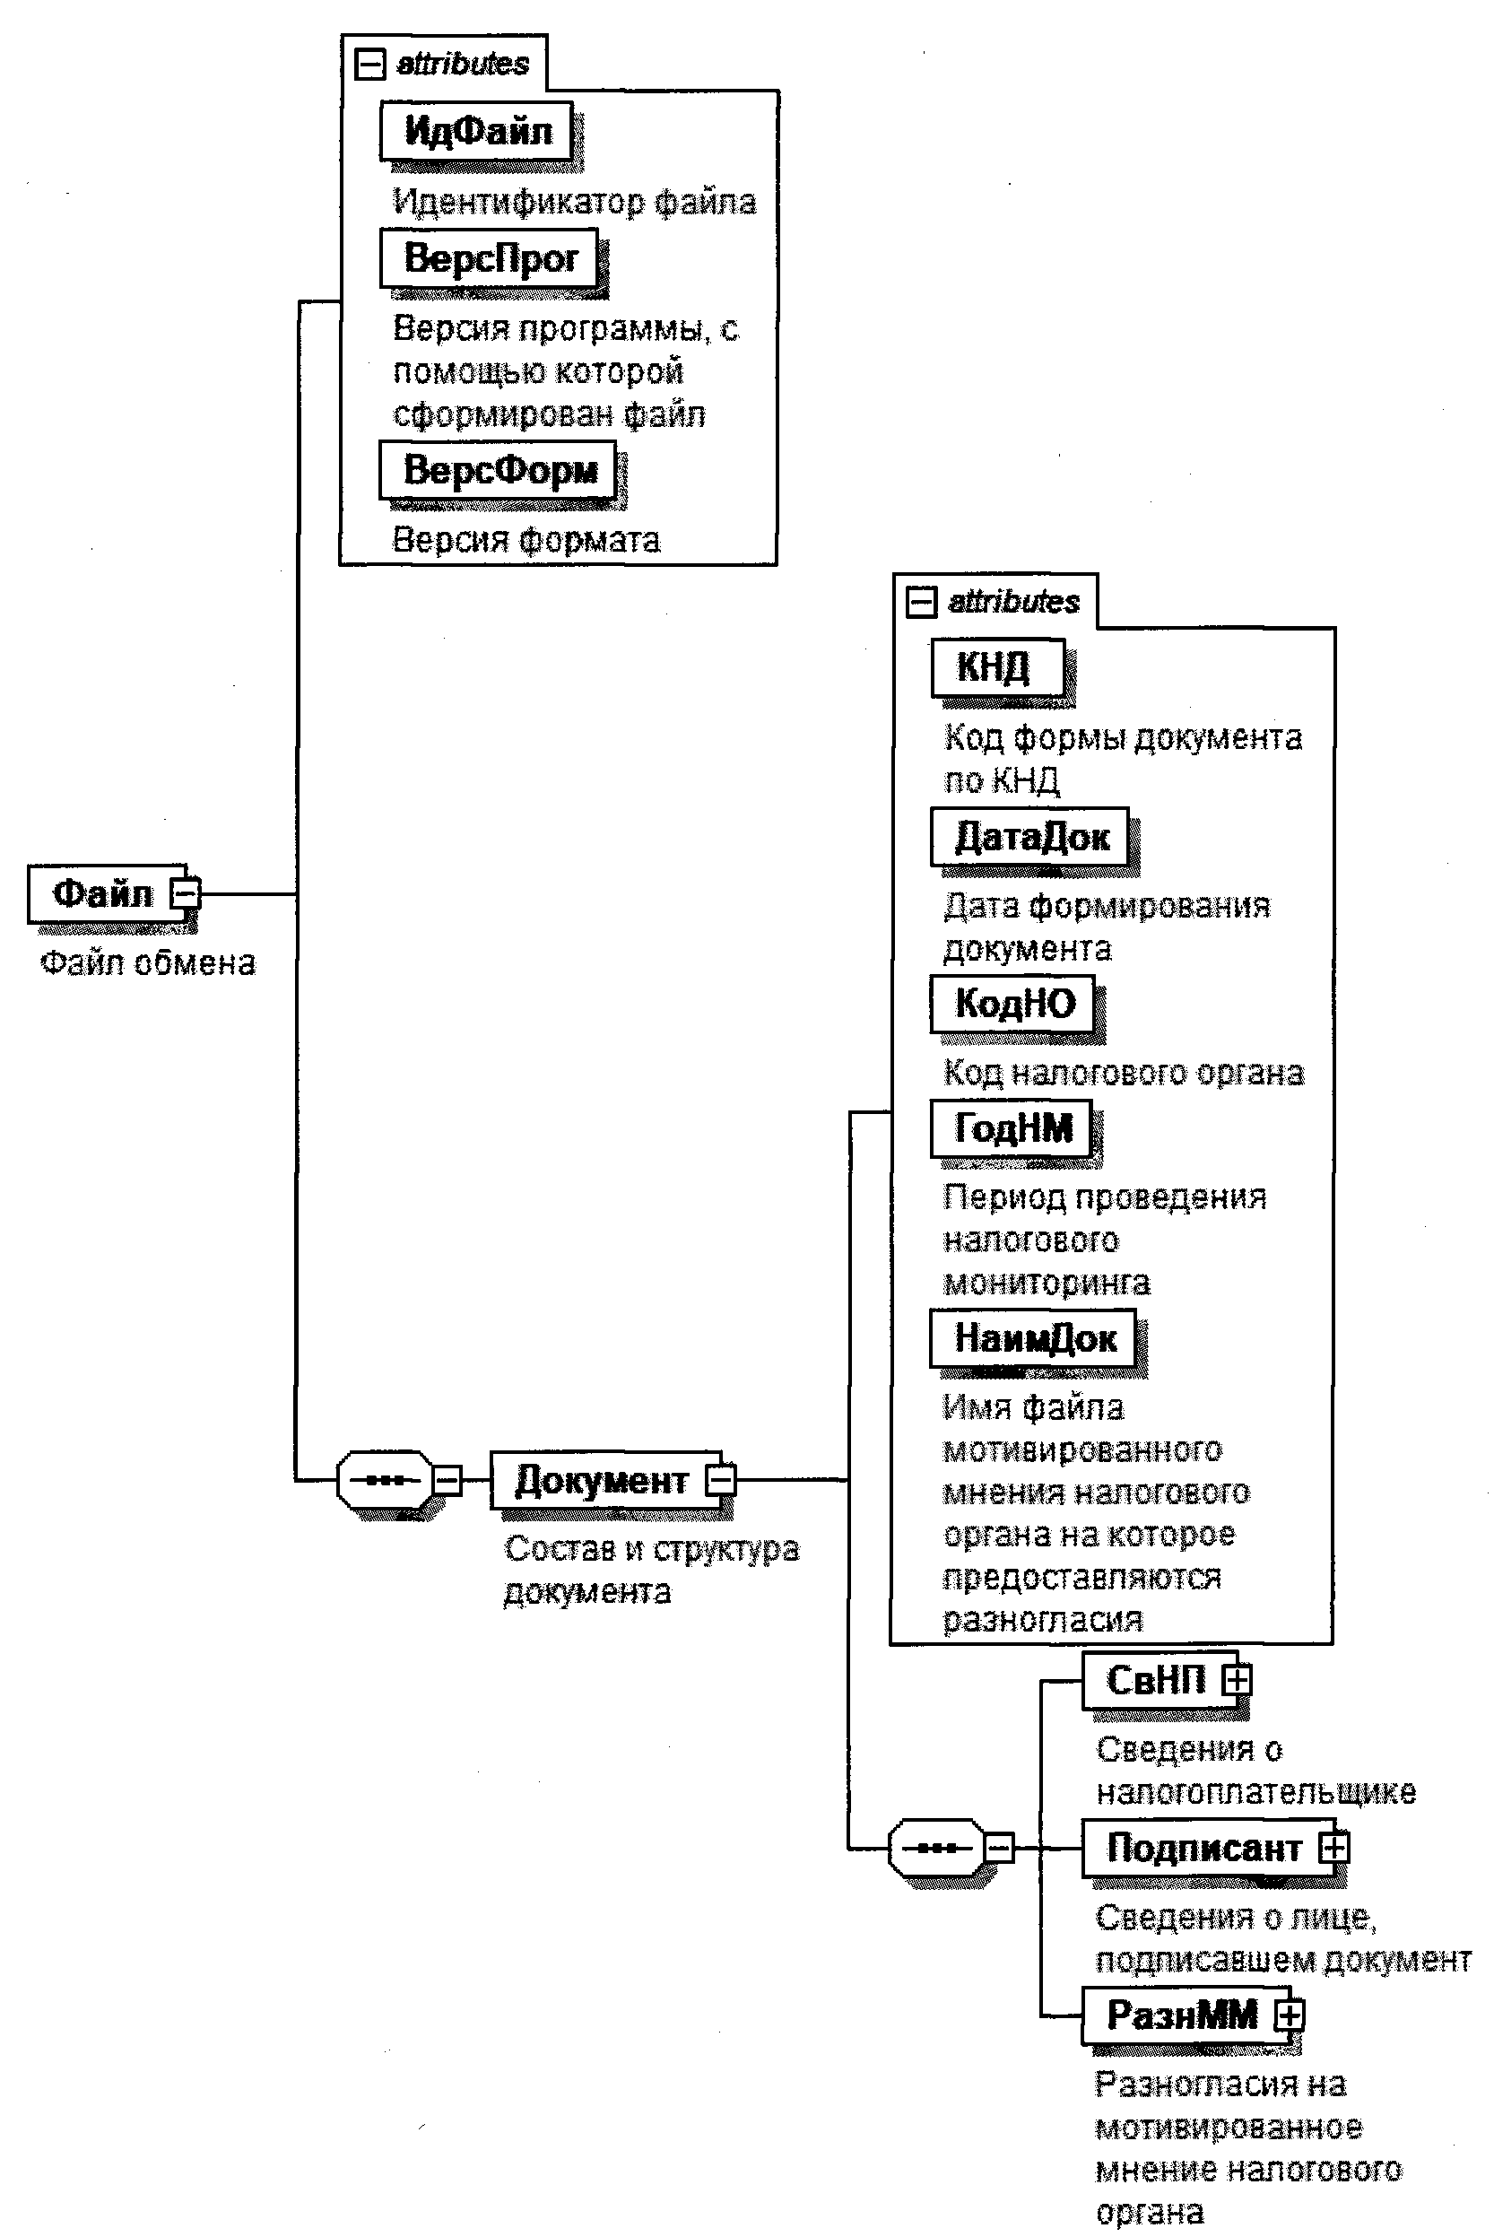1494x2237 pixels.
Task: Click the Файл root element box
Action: click(101, 893)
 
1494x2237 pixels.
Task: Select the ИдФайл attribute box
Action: click(476, 131)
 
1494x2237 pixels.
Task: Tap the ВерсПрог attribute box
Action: click(490, 257)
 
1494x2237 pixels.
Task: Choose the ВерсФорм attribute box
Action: click(499, 470)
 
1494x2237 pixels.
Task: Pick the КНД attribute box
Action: click(995, 667)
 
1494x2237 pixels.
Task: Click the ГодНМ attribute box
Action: click(1012, 1129)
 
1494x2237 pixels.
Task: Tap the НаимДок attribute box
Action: click(1034, 1338)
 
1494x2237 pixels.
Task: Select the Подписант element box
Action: click(1203, 1849)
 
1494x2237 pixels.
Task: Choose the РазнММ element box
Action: click(1182, 2015)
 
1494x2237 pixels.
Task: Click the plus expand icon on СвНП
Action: click(1237, 1680)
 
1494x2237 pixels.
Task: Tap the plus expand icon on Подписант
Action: click(1333, 1849)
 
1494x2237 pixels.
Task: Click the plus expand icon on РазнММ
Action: click(1290, 2015)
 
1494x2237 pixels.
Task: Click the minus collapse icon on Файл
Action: click(185, 893)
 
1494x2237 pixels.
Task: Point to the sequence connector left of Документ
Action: click(385, 1480)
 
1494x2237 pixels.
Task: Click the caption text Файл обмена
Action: click(148, 963)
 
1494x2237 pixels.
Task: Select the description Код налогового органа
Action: click(1124, 1073)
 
